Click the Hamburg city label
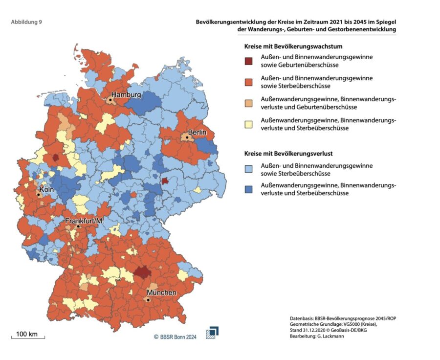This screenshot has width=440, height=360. [x=126, y=94]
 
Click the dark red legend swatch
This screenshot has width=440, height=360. [x=249, y=61]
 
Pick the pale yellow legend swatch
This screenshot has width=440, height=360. [x=249, y=124]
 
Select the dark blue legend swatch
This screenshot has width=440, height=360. [x=249, y=189]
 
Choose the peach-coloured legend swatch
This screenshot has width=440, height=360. [x=249, y=103]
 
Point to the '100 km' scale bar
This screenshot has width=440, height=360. [x=28, y=336]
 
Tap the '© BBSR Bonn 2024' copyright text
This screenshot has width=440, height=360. [x=175, y=337]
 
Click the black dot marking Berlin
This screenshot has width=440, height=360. [x=187, y=137]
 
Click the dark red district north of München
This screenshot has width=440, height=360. [x=142, y=272]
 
